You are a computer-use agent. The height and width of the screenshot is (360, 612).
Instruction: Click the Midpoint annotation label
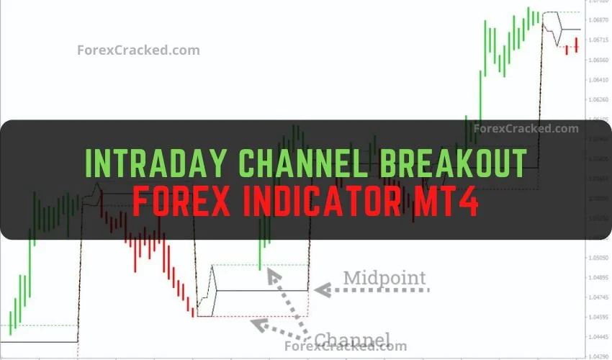pos(384,277)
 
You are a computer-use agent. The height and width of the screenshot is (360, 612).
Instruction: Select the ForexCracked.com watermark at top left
pos(138,50)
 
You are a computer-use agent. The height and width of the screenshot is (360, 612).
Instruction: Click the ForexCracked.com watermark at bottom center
pos(346,346)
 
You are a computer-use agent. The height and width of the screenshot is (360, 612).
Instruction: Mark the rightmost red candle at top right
pos(577,45)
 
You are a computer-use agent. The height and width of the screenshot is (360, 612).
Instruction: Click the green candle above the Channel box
pos(261,255)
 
